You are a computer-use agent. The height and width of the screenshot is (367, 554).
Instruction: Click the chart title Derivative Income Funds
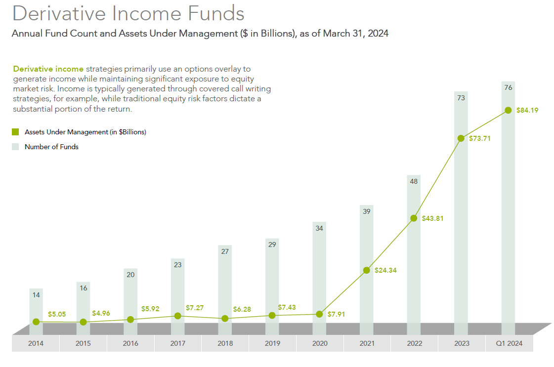coord(128,13)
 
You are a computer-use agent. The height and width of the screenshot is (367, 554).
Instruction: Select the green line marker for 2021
coord(366,270)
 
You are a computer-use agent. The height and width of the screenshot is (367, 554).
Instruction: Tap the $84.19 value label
coord(527,111)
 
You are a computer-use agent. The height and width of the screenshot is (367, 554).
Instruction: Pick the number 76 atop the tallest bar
coord(508,88)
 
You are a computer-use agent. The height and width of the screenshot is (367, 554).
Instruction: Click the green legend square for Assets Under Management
coord(15,132)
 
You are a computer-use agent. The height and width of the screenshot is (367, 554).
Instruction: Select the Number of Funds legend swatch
coord(15,147)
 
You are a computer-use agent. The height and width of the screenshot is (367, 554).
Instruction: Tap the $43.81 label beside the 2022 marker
coord(432,218)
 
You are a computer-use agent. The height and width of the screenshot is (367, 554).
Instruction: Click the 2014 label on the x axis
coord(36,343)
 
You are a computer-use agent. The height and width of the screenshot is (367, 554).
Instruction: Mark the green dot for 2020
coord(319,314)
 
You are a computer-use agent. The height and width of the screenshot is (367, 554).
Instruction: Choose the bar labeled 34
coord(319,272)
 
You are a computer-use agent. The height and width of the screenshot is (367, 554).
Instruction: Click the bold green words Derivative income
coord(48,69)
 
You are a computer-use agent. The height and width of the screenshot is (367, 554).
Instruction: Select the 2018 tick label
coord(225,343)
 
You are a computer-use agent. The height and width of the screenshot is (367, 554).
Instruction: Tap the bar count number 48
coord(414,181)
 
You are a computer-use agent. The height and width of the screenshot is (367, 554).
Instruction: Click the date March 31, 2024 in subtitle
coord(356,34)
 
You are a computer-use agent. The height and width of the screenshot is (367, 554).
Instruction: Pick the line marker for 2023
coord(461,138)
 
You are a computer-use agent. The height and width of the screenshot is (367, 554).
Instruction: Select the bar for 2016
coord(130,296)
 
